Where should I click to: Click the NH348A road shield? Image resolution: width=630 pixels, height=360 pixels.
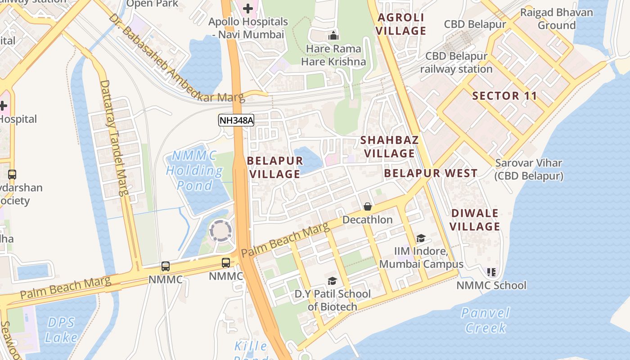pyautogui.click(x=236, y=120)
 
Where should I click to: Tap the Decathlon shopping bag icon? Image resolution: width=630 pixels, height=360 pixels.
pyautogui.click(x=368, y=207)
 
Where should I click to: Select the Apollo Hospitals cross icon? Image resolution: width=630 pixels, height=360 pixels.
pyautogui.click(x=247, y=8)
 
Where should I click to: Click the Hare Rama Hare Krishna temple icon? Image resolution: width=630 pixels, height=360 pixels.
pyautogui.click(x=333, y=35)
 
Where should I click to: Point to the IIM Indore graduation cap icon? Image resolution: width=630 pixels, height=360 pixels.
pyautogui.click(x=421, y=238)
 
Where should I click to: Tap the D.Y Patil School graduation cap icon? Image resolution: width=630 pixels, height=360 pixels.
pyautogui.click(x=332, y=281)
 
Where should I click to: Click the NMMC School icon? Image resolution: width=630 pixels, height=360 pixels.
pyautogui.click(x=491, y=272)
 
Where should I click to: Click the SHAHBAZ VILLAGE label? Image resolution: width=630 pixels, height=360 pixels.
pyautogui.click(x=390, y=147)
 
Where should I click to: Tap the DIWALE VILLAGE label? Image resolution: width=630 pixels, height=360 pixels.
pyautogui.click(x=475, y=220)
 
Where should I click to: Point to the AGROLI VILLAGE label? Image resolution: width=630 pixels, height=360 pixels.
pyautogui.click(x=401, y=24)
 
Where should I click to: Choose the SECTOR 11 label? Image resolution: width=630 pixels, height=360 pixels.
pyautogui.click(x=505, y=96)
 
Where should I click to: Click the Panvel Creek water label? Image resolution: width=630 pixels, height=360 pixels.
pyautogui.click(x=486, y=320)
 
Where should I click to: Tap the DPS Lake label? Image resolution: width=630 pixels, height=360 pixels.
pyautogui.click(x=62, y=330)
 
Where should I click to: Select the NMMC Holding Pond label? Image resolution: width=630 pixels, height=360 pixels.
pyautogui.click(x=194, y=171)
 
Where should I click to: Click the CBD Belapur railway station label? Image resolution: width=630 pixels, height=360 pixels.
pyautogui.click(x=457, y=63)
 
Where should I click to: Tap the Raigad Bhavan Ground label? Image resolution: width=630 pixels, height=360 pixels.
pyautogui.click(x=557, y=19)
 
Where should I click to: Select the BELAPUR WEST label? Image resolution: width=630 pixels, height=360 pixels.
pyautogui.click(x=431, y=173)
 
